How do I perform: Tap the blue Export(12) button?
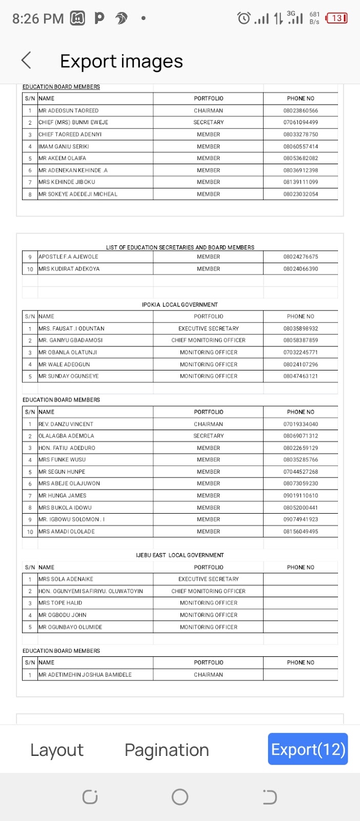pos(308,749)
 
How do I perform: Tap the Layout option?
pos(57,750)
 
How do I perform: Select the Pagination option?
pos(167,750)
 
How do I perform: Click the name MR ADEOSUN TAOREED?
pos(69,110)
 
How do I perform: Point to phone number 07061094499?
pos(301,123)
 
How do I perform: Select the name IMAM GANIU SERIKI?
pos(64,146)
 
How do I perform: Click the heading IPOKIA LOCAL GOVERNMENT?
pos(180,305)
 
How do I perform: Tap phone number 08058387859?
pos(301,340)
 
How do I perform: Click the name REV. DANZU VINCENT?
pos(66,424)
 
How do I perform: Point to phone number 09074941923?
pos(301,519)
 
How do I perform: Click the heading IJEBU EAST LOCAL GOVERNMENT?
pos(180,555)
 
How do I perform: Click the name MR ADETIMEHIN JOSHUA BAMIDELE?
pos(85,675)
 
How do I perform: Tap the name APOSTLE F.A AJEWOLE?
pos(69,257)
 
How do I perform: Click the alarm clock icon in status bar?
pos(244,18)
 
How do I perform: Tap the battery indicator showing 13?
pos(337,18)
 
